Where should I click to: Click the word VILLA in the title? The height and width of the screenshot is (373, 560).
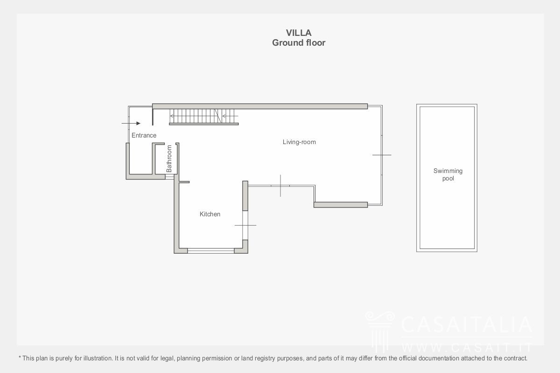tap(299, 33)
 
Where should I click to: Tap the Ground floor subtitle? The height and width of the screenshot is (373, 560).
tap(299, 43)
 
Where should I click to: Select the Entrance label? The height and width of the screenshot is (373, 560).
tap(144, 135)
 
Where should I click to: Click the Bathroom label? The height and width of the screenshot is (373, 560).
tap(169, 159)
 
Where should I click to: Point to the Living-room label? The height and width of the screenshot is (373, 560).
tap(299, 142)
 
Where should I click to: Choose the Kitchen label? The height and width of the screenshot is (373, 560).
tap(210, 214)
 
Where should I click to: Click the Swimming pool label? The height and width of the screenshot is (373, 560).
tap(448, 175)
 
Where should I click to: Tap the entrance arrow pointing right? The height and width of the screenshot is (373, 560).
tap(131, 123)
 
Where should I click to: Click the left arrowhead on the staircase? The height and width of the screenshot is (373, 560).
tap(172, 116)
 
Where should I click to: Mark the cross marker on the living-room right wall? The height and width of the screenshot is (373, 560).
tap(382, 155)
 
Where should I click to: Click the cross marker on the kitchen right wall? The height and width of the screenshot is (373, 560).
tap(245, 225)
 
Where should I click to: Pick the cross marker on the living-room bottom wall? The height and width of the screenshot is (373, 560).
tap(280, 186)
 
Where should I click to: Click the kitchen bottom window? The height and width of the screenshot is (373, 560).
tap(211, 250)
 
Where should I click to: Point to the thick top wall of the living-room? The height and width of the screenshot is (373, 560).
tap(260, 106)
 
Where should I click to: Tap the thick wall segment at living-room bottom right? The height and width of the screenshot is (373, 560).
tap(341, 205)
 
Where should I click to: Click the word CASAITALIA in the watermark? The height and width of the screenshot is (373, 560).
tap(467, 325)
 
